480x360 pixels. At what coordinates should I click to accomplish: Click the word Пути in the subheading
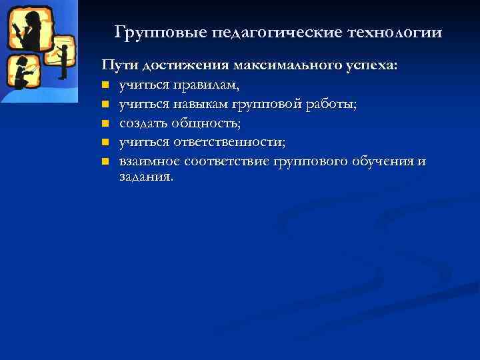click(115, 66)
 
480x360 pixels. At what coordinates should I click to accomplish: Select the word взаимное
click(149, 161)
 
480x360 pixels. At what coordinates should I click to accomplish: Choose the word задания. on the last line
click(146, 177)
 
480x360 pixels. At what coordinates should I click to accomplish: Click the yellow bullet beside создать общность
click(105, 123)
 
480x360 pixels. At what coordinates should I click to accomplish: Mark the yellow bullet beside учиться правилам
click(105, 85)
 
